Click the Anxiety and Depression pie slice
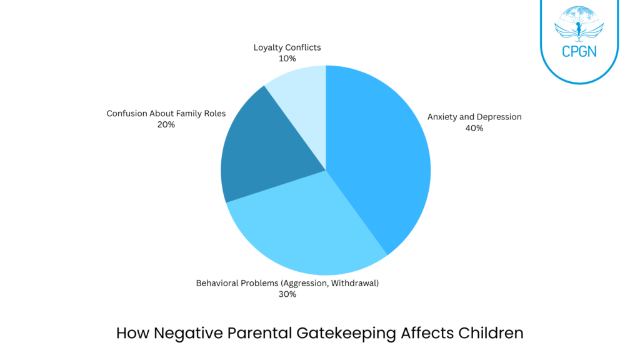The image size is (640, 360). point(381,156)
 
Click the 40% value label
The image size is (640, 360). point(474,128)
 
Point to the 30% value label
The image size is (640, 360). point(287,294)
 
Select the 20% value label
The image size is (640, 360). point(166,124)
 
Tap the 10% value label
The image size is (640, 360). point(287,58)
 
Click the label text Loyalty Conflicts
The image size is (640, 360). point(287,47)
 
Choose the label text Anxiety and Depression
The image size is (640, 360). point(474,117)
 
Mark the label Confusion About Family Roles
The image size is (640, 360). point(166,113)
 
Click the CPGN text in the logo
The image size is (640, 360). point(579,51)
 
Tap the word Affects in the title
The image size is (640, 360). point(420,333)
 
